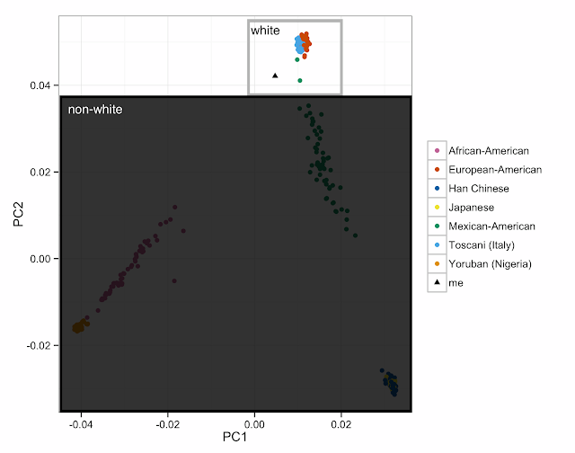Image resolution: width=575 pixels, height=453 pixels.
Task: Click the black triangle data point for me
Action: (275, 75)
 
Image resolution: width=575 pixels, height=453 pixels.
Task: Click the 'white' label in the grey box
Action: (265, 31)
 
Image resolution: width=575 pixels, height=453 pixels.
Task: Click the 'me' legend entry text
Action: (456, 283)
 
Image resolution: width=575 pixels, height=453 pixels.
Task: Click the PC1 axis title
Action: (235, 438)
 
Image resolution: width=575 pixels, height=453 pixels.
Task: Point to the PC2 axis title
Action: (17, 215)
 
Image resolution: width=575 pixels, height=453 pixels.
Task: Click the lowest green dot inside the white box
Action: (300, 81)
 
